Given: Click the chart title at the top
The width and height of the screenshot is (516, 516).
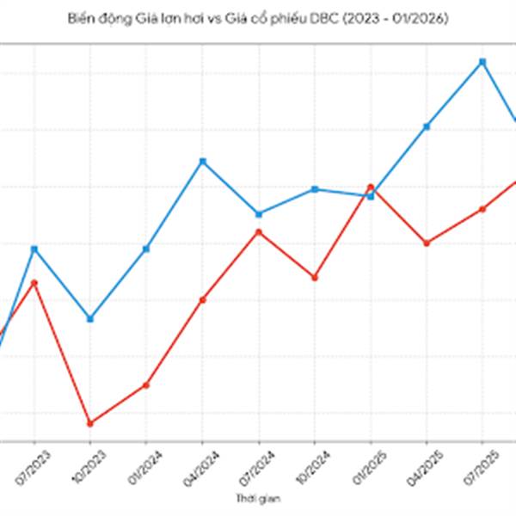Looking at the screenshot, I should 258,17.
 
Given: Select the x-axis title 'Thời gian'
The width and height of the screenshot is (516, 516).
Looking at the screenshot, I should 258,498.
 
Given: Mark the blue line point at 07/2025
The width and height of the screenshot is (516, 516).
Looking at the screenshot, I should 482,62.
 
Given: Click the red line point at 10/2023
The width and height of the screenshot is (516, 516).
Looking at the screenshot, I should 89,423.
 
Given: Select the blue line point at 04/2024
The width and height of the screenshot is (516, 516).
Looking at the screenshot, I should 202,161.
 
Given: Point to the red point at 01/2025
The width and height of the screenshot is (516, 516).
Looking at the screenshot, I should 371,187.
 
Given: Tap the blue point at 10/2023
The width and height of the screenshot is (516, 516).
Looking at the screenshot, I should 89,319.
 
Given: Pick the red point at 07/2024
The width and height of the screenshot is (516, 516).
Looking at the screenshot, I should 258,231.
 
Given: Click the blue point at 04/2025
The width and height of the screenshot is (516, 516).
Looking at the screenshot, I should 427,126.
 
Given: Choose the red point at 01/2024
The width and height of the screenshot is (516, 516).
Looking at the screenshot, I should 146,384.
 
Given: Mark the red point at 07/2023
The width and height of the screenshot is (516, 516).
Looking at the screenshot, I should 34,282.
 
